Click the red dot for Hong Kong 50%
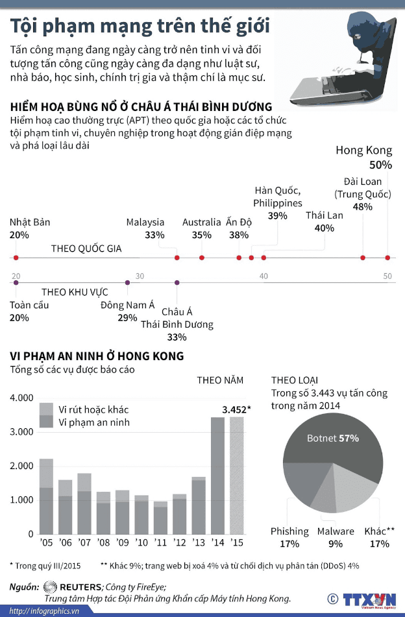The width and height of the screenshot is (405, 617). [x=387, y=258]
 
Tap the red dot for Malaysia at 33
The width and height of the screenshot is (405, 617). [x=177, y=258]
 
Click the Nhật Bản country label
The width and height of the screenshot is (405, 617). [x=30, y=222]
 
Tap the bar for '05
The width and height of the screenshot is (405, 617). [x=46, y=496]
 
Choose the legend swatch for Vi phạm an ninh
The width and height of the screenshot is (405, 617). [x=47, y=422]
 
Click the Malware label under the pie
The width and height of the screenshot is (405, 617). [x=336, y=531]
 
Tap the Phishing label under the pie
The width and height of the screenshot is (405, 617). [x=289, y=531]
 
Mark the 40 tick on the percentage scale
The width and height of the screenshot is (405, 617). [x=264, y=276]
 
